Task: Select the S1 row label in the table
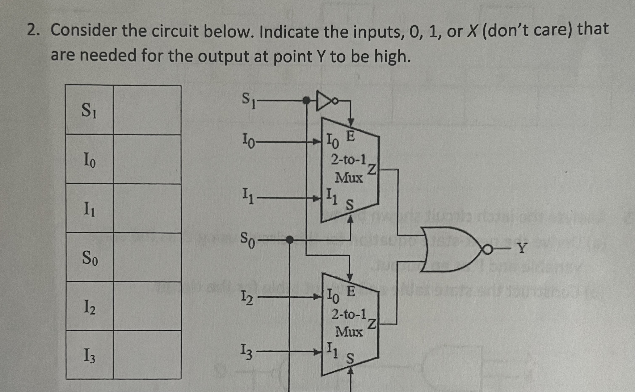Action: pos(89,110)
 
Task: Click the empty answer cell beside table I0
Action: pos(147,159)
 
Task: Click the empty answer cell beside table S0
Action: pos(147,257)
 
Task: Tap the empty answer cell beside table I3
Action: pos(147,355)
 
